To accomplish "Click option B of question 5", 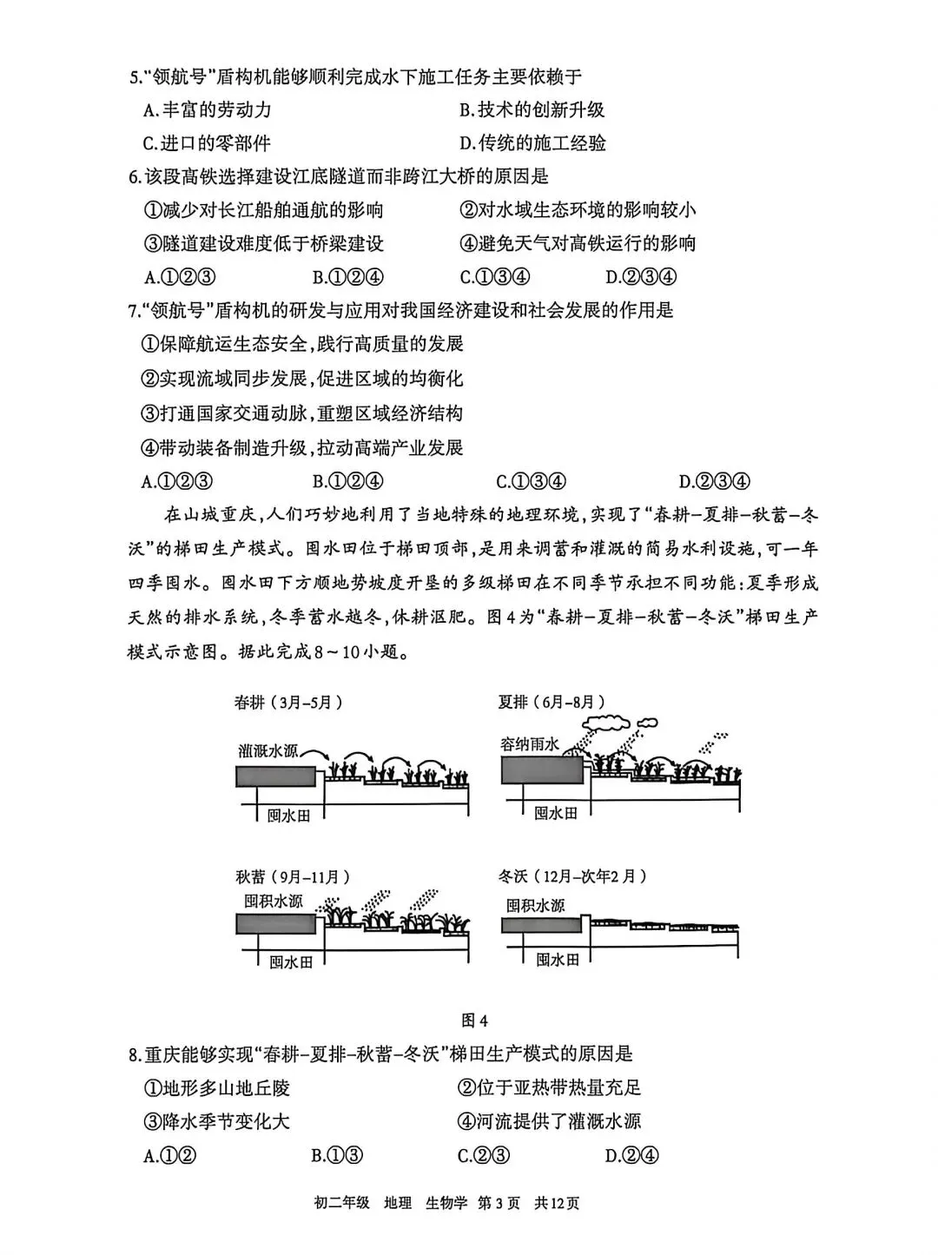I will pyautogui.click(x=532, y=109).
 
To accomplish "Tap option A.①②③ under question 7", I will pyautogui.click(x=178, y=481).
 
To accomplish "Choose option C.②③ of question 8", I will pyautogui.click(x=484, y=1155).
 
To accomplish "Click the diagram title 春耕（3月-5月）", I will pyautogui.click(x=282, y=703).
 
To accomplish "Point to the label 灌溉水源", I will pyautogui.click(x=270, y=750).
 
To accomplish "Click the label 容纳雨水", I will pyautogui.click(x=530, y=744).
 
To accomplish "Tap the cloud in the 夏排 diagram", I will pyautogui.click(x=605, y=722).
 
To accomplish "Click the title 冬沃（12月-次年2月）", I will pyautogui.click(x=572, y=876).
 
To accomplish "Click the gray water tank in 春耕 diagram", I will pyautogui.click(x=275, y=776).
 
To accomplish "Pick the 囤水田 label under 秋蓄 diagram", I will pyautogui.click(x=290, y=962).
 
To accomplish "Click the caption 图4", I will pyautogui.click(x=474, y=1019).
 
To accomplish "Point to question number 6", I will pyautogui.click(x=135, y=177).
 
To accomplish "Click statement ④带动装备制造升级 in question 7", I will pyautogui.click(x=302, y=447).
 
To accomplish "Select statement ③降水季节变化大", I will pyautogui.click(x=215, y=1121).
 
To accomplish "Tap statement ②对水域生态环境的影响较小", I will pyautogui.click(x=578, y=210).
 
